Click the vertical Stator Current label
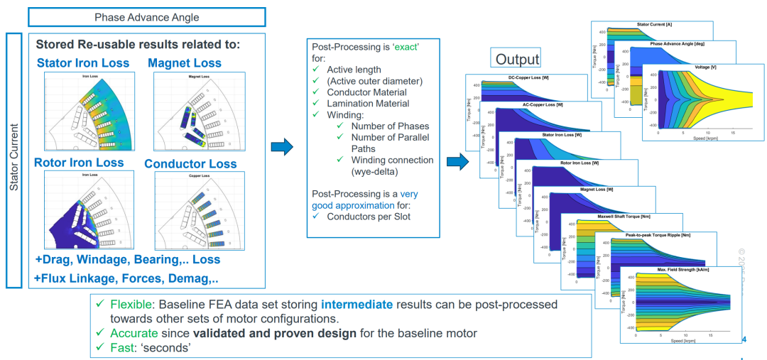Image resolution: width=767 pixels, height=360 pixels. [14, 160]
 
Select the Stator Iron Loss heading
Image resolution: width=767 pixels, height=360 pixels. [83, 63]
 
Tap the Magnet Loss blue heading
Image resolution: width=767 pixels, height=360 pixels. [185, 63]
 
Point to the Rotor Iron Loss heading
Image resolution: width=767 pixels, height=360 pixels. [79, 163]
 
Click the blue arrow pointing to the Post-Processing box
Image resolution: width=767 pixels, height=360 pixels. [283, 148]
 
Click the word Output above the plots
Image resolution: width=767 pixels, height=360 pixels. [517, 59]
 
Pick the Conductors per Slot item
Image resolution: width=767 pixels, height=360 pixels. [369, 217]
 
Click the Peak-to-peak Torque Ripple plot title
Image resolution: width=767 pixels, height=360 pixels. [642, 234]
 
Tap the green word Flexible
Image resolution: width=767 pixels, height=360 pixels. [130, 304]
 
